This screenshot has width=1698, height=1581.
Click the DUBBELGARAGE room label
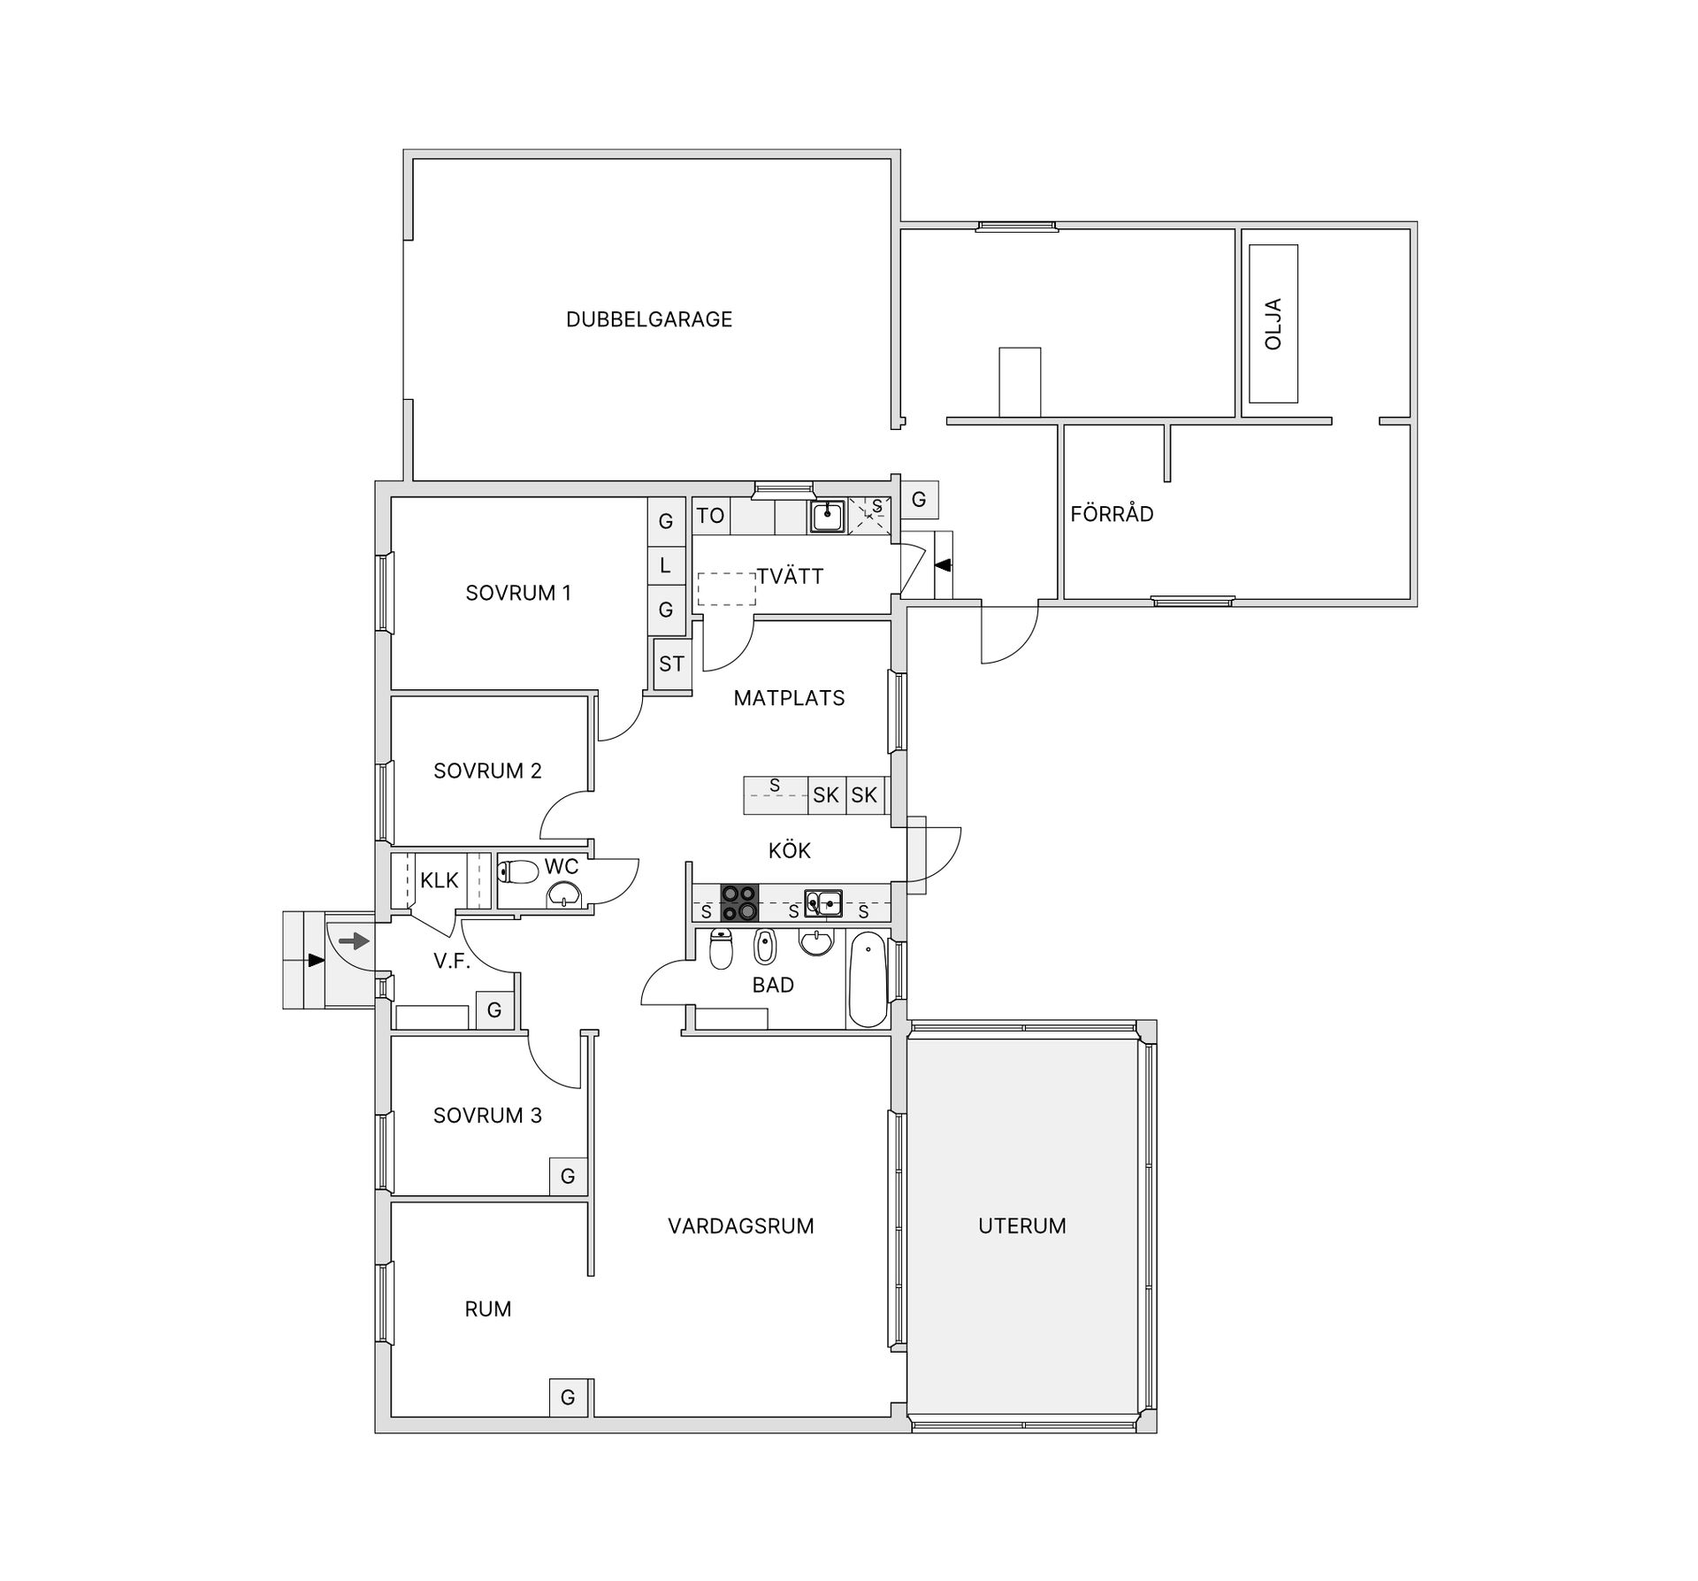[x=649, y=319]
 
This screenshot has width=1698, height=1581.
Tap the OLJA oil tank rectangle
[x=1273, y=324]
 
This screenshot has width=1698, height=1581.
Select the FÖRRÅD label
[x=1112, y=514]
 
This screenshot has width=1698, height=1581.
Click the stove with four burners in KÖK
[x=739, y=903]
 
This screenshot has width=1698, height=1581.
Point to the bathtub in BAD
[x=868, y=979]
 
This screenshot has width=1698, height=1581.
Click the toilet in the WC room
[x=518, y=872]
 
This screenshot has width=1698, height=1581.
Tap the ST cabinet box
[x=671, y=664]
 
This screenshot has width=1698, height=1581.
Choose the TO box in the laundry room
[x=710, y=516]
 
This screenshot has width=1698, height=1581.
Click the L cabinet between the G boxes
[x=666, y=564]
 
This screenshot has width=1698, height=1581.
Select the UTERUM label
[x=1021, y=1226]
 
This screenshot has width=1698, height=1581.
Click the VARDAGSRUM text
[x=741, y=1226]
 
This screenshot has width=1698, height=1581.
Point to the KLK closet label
[x=440, y=881]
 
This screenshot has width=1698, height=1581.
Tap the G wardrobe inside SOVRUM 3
[x=568, y=1176]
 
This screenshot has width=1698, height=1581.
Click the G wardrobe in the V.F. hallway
[x=494, y=1009]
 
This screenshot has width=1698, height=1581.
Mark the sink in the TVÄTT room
[x=827, y=516]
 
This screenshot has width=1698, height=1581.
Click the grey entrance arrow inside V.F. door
[x=354, y=940]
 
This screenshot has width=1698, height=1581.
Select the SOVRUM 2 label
[x=487, y=771]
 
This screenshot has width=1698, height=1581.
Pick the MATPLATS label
[x=790, y=698]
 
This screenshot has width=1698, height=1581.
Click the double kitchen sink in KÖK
[x=823, y=904]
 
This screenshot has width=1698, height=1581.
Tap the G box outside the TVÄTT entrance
[x=919, y=500]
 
